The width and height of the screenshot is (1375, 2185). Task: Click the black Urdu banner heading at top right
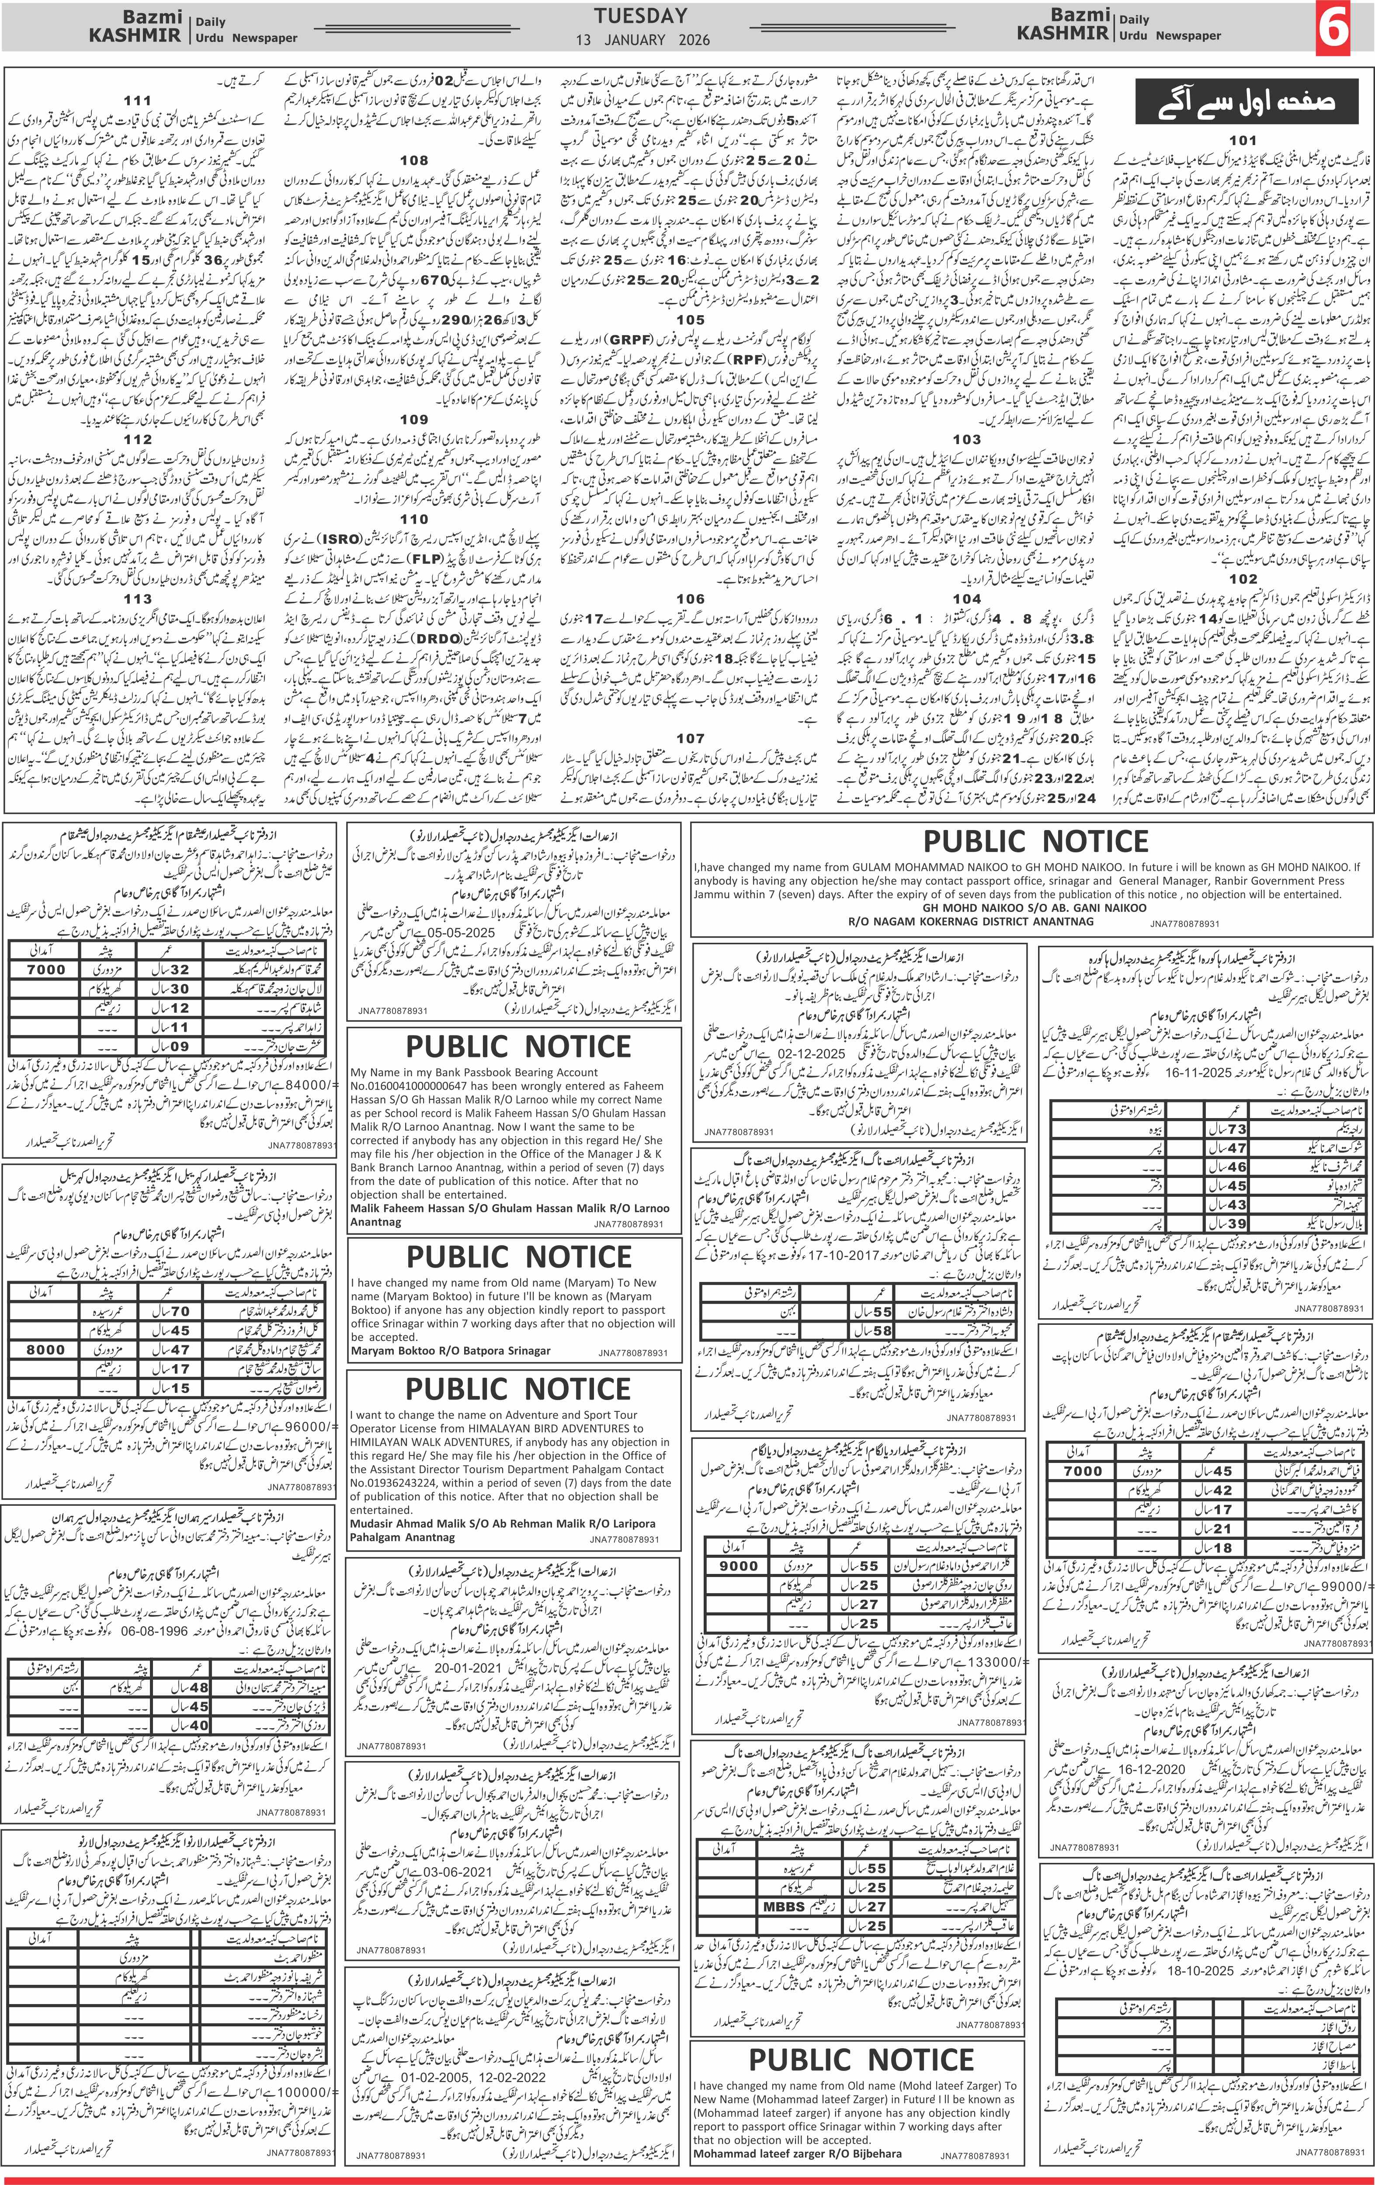click(1248, 100)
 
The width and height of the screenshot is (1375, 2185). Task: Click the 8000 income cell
click(45, 1349)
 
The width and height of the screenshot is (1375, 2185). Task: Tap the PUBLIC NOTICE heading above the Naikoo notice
click(1035, 841)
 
